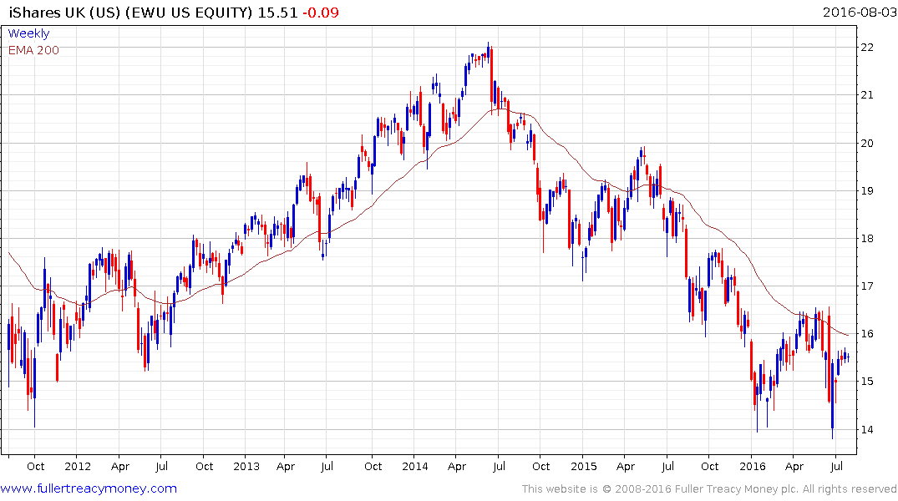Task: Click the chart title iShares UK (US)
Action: (62, 13)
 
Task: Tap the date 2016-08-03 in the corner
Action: (857, 13)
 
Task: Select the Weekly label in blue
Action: (28, 33)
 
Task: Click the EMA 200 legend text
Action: (33, 49)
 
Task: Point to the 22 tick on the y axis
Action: (869, 48)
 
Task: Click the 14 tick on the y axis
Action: (869, 430)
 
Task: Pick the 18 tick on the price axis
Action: (869, 239)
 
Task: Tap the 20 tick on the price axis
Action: (869, 144)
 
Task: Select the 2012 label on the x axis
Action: (77, 467)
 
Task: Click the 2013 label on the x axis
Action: (247, 467)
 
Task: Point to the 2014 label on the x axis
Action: (416, 467)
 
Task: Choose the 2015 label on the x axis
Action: (584, 467)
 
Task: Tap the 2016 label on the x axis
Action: (753, 467)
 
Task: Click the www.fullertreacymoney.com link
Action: (89, 488)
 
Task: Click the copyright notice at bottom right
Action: (709, 489)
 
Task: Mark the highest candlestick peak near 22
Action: (490, 44)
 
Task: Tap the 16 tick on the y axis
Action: (869, 334)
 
